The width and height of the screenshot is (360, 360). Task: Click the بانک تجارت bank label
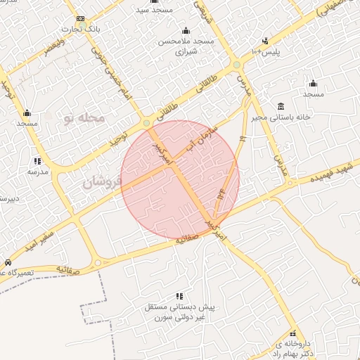[x=79, y=29]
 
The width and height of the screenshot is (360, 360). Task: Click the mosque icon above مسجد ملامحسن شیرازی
[x=186, y=31]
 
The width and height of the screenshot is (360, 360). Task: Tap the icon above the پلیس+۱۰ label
[x=265, y=41]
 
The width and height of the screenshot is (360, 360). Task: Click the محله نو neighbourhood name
[x=84, y=117]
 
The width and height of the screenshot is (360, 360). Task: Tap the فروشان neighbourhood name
[x=102, y=183]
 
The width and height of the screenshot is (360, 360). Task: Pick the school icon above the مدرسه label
[x=37, y=161]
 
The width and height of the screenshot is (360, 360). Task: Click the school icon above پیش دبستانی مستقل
[x=179, y=297]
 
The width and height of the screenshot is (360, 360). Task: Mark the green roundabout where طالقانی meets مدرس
[x=237, y=66]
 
